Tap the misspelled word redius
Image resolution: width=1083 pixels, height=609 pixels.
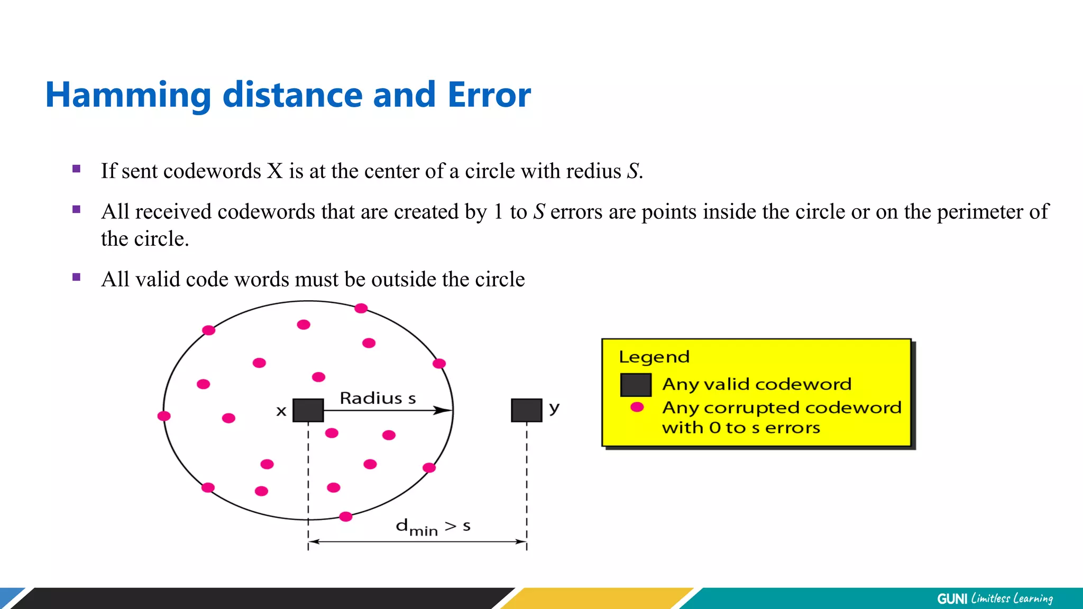tap(593, 171)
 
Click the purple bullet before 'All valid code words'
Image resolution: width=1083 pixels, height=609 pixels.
tap(77, 277)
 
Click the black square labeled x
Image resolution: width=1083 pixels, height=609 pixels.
tap(308, 410)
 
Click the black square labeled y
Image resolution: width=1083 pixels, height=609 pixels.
tap(527, 410)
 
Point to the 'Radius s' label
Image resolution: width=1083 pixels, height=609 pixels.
tap(378, 398)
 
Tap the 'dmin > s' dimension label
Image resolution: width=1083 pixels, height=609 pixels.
tap(433, 527)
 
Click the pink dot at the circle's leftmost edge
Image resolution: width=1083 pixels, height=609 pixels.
tap(164, 416)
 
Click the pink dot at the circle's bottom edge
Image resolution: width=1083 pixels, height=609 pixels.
tap(346, 516)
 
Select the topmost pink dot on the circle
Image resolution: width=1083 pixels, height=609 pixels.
tap(361, 308)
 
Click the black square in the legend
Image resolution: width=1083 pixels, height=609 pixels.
tap(636, 385)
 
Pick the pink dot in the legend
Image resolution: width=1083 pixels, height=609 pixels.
tap(637, 407)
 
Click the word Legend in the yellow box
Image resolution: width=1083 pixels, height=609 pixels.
tap(654, 357)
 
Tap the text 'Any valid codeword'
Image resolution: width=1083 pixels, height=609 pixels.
tap(757, 384)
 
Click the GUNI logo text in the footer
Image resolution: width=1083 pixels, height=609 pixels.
tap(952, 599)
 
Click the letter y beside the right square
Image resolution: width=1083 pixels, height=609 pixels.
tap(554, 408)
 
